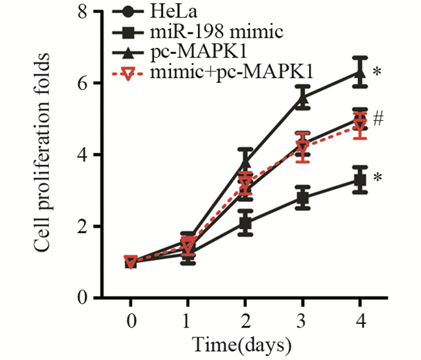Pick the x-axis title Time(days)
(242, 344)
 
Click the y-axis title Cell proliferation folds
(41, 154)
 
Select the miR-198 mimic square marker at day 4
(360, 180)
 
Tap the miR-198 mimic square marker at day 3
(303, 198)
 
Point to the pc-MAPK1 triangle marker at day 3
(303, 99)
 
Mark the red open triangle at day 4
(360, 127)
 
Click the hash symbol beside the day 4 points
(378, 119)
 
